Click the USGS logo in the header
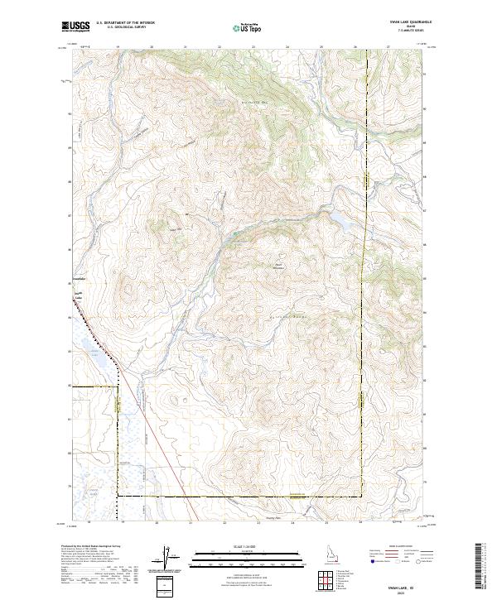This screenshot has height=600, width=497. (x=75, y=26)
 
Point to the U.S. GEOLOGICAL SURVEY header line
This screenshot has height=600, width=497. (x=120, y=27)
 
